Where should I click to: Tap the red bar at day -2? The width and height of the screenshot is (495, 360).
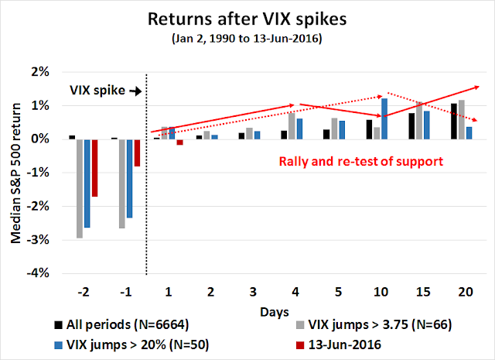tap(95, 167)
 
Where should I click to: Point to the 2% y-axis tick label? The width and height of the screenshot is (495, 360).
tap(43, 72)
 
